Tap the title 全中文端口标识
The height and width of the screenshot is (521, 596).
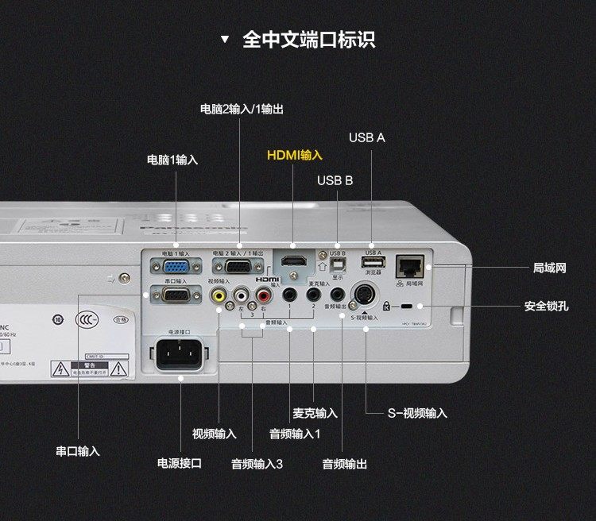[x=308, y=39]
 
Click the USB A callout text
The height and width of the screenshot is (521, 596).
[x=366, y=137]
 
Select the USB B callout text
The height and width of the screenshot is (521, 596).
[x=335, y=180]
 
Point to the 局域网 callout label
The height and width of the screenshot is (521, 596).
[x=549, y=268]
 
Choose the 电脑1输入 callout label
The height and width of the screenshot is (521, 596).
[x=172, y=160]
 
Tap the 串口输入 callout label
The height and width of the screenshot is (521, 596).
[x=78, y=451]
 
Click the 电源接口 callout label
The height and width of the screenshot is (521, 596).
[x=179, y=463]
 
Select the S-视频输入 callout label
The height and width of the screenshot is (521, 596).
[x=417, y=413]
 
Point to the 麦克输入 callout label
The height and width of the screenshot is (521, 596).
[x=315, y=413]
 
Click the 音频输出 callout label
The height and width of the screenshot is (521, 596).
[x=344, y=464]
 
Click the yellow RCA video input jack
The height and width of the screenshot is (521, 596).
[x=217, y=294]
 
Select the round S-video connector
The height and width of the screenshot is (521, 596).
[x=365, y=294]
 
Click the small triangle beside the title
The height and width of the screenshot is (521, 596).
[x=225, y=39]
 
